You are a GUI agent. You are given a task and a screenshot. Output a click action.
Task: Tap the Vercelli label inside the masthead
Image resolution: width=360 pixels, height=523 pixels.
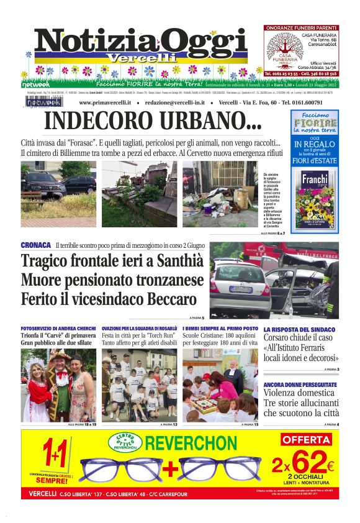pyautogui.click(x=131, y=57)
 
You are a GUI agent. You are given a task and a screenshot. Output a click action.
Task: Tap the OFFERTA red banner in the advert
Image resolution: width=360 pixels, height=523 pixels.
pyautogui.click(x=306, y=439)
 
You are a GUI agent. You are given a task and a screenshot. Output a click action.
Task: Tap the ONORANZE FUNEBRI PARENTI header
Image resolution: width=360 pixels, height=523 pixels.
pyautogui.click(x=301, y=28)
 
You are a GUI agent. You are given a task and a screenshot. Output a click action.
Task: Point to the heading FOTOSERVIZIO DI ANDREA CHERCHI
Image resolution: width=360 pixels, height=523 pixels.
pyautogui.click(x=58, y=328)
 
